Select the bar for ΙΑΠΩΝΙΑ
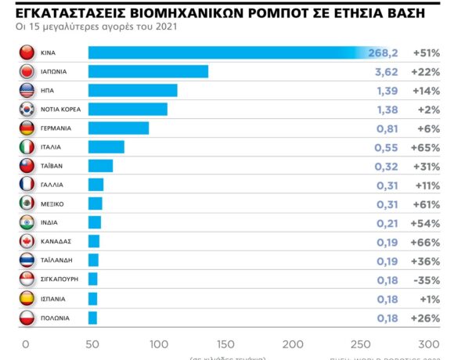pos(148,71)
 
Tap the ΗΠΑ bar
pos(132,90)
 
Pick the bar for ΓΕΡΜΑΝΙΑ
pos(118,128)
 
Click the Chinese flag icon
pos(26,52)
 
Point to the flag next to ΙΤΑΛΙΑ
pos(26,146)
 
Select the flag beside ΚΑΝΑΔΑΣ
pos(26,241)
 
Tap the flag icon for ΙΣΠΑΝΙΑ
pos(26,298)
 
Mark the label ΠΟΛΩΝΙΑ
pos(56,318)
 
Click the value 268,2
pos(383,52)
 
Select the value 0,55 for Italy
pos(386,146)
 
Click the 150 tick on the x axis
pos(225,344)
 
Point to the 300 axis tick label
pos(429,344)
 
